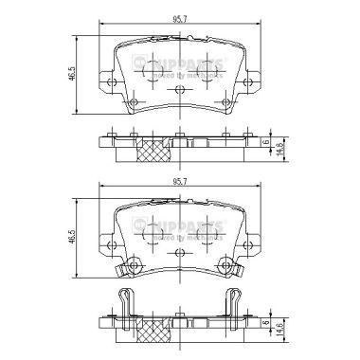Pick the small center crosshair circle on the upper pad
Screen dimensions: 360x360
pos(179,91)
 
